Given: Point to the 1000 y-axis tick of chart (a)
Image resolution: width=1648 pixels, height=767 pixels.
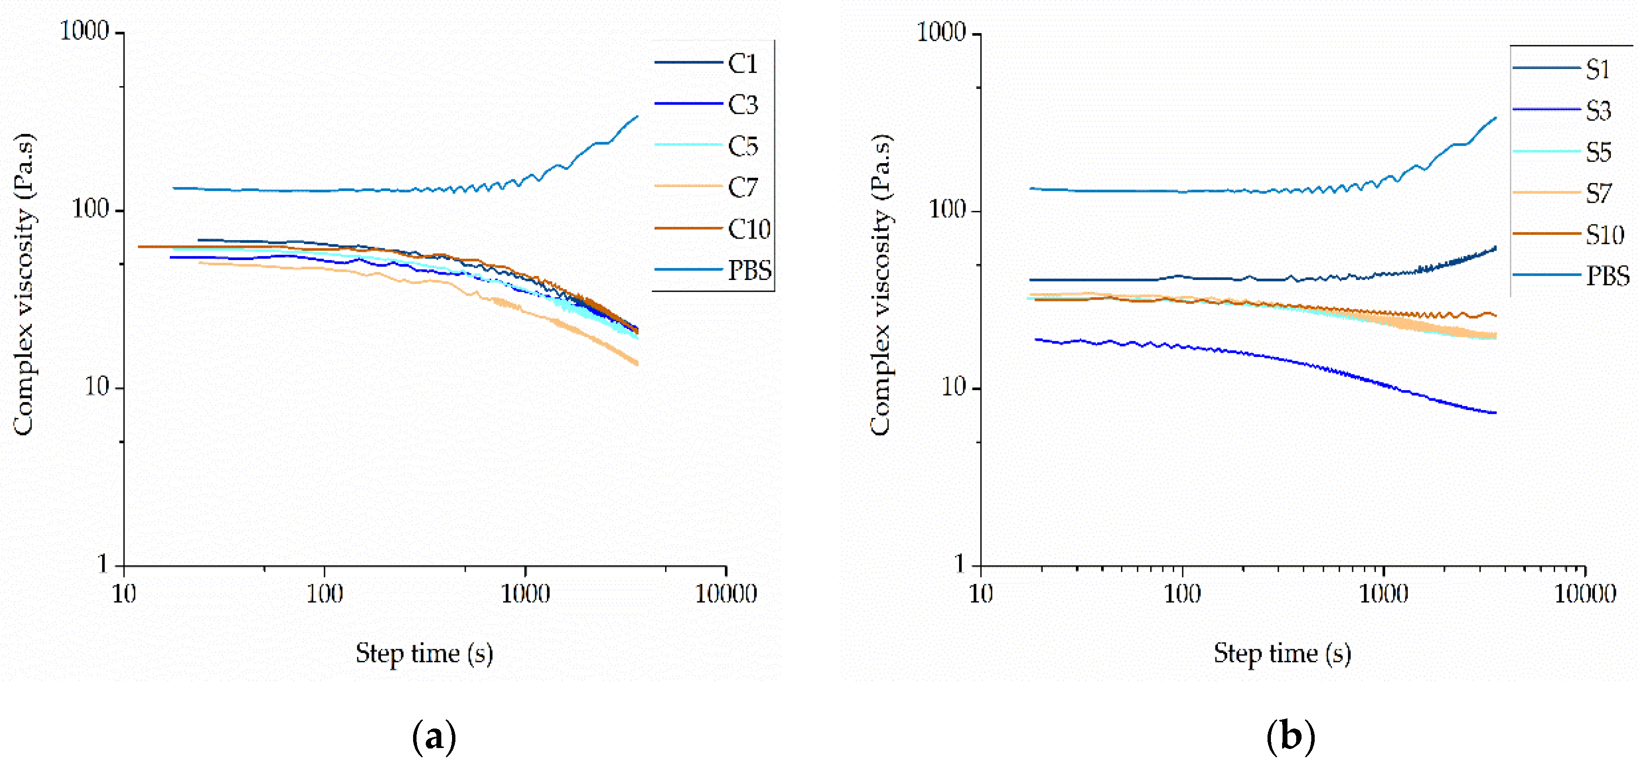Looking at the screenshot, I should (x=85, y=31).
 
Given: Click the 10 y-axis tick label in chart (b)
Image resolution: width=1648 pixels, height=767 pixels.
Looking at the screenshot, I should (x=953, y=387).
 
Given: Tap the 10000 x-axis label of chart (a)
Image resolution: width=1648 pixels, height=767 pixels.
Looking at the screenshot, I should (x=725, y=594).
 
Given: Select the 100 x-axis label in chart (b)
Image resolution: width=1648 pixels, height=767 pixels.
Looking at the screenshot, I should (x=1181, y=594).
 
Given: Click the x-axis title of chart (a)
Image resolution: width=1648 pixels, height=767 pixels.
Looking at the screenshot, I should (x=424, y=653).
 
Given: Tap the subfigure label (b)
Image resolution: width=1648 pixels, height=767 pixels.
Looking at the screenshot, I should (x=1290, y=736).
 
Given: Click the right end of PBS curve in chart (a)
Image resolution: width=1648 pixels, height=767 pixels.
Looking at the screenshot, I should (x=637, y=116).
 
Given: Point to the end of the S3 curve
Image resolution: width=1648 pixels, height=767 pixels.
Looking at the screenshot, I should (x=1495, y=413).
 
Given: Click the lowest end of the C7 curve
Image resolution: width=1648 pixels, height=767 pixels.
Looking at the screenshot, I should (x=637, y=364).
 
